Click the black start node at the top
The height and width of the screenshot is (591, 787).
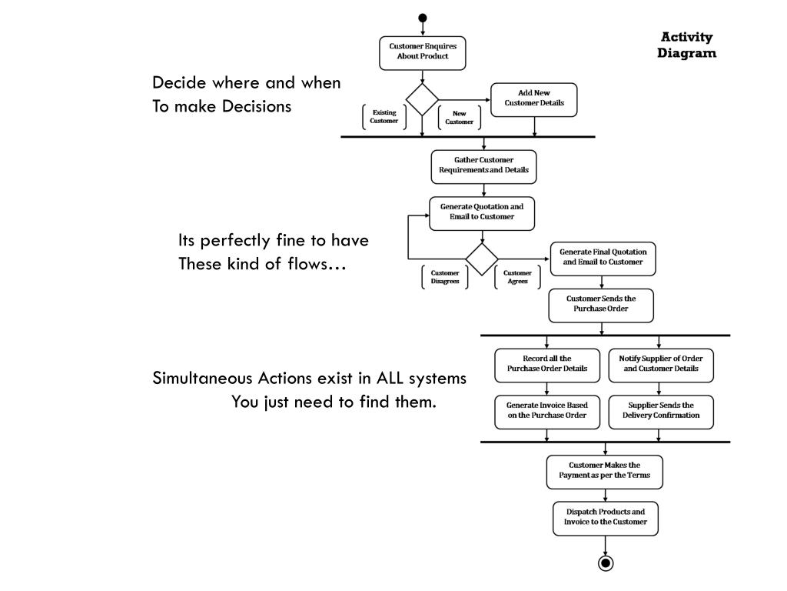tap(422, 18)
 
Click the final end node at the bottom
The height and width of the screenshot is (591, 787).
tap(606, 563)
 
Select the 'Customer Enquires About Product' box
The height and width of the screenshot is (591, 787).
tap(423, 52)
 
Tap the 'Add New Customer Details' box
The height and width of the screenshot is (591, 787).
tap(534, 98)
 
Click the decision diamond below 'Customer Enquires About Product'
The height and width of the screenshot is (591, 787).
tap(422, 99)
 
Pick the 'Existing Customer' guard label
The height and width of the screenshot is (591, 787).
tap(384, 117)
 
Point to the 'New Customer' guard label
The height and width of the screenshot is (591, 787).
tap(460, 118)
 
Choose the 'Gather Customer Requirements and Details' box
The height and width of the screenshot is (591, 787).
tap(483, 165)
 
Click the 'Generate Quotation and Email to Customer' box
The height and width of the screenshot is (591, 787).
tap(482, 212)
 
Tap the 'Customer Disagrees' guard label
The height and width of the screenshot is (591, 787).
tap(445, 277)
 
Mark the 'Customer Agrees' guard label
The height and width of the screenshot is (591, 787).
tap(517, 277)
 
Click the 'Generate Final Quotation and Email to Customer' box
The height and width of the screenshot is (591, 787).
tap(603, 258)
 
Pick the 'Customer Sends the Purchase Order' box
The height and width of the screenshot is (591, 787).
tap(601, 304)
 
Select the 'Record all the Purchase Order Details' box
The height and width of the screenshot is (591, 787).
tap(547, 364)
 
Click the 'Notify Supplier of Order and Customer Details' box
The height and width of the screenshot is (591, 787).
tap(661, 364)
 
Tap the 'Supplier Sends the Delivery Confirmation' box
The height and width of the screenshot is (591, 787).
tap(661, 411)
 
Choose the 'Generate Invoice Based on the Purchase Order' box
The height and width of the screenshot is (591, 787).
tap(546, 411)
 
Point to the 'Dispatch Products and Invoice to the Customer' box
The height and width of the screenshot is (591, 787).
tap(606, 517)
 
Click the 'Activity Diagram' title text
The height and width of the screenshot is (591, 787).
tap(687, 45)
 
